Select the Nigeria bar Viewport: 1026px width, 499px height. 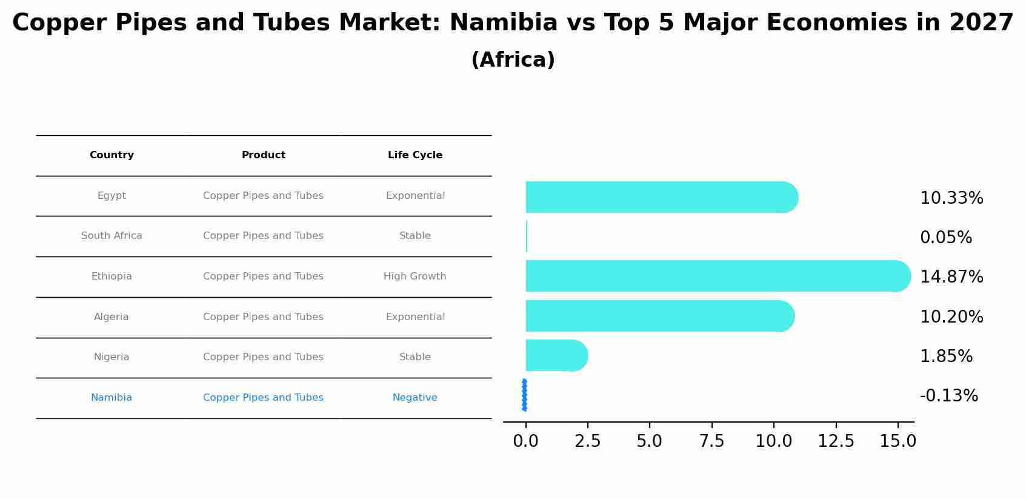tap(555, 355)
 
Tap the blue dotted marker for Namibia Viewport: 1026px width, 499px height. tap(524, 395)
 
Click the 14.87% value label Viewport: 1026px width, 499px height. tap(951, 277)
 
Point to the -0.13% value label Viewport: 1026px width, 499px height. tap(948, 396)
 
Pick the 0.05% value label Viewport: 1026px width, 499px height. tap(945, 238)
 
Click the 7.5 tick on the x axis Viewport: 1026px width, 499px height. tap(711, 441)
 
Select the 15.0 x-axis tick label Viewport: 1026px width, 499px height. tap(898, 441)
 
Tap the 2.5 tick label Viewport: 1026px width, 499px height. tap(587, 441)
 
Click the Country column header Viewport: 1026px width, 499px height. tap(112, 155)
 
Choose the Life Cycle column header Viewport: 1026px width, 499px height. tap(415, 155)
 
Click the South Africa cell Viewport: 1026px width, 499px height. tap(112, 236)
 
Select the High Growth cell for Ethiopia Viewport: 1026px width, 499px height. tap(415, 276)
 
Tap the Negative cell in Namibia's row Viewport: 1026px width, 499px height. tap(415, 398)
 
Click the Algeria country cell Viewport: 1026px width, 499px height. tap(112, 317)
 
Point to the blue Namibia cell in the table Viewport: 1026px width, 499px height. tap(112, 398)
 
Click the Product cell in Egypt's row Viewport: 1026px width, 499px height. tap(263, 196)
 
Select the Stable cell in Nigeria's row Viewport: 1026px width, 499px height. tap(415, 357)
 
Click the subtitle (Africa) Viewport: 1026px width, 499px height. tap(513, 60)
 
